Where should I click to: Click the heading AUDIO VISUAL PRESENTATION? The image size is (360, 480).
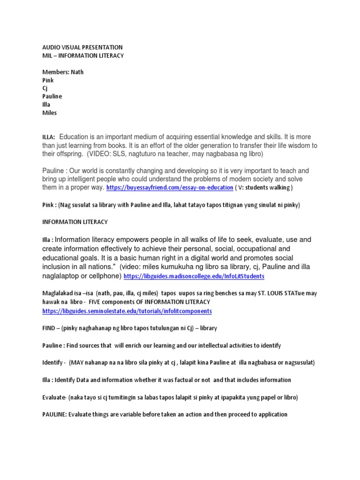82,47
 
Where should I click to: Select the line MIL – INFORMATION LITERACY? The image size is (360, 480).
83,56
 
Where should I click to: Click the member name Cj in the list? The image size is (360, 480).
45,88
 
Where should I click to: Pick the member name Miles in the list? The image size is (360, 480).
50,112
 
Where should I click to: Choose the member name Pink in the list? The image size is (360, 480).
48,80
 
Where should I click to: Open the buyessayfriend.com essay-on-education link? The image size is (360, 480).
170,187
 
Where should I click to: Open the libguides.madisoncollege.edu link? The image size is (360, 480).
194,277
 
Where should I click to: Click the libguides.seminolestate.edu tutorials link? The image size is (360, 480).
127,311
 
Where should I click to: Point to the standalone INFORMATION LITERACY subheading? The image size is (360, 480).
75,222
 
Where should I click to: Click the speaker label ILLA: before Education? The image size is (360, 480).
49,137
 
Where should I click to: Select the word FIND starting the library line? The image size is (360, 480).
49,328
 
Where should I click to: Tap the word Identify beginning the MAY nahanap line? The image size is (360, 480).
53,362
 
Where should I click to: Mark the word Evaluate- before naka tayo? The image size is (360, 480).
54,397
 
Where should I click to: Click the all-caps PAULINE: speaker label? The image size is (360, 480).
55,414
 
